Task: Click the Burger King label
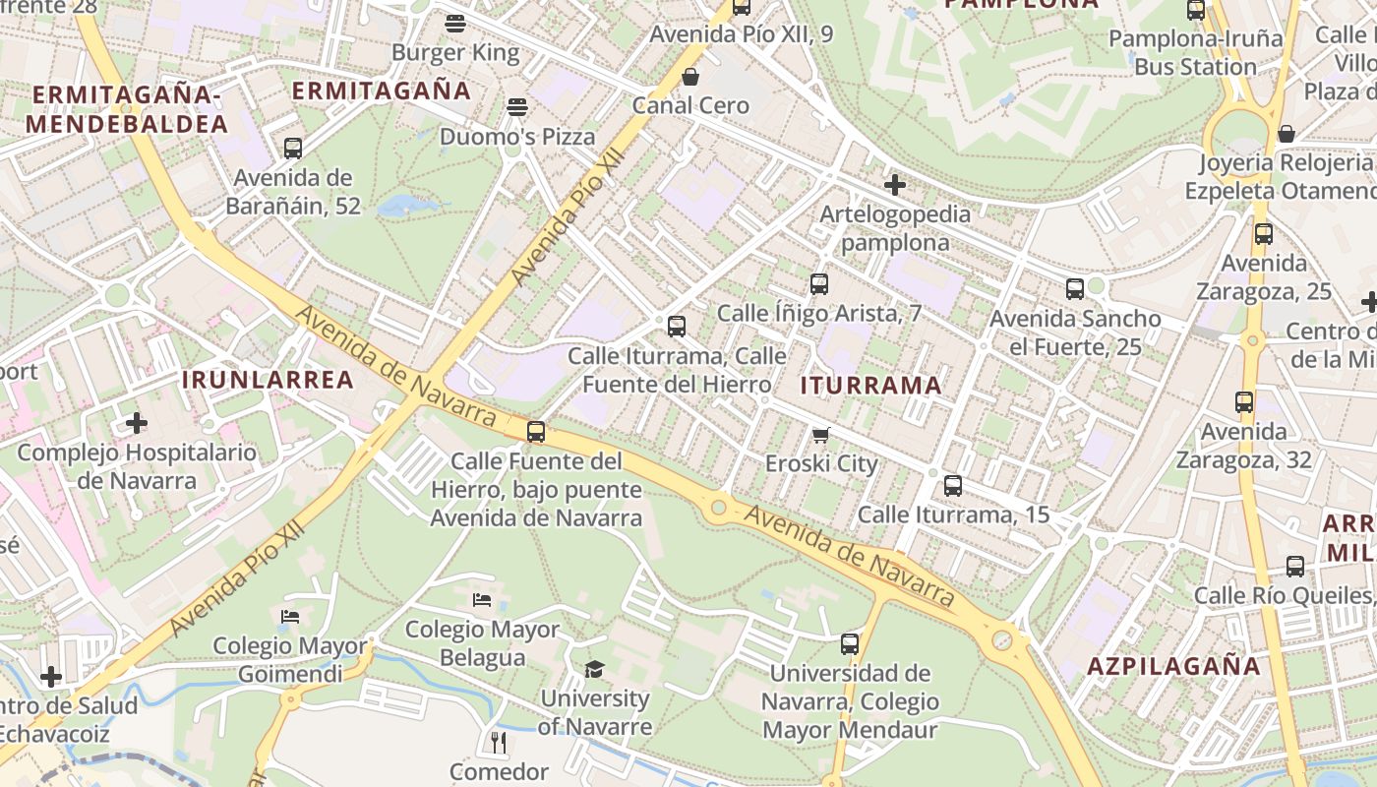tap(454, 52)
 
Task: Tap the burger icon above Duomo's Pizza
tap(517, 107)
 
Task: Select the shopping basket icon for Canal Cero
tap(690, 77)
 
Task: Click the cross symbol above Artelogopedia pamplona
tap(895, 184)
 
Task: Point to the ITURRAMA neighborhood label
tap(871, 385)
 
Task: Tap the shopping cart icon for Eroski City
tap(821, 435)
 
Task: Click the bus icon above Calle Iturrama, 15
tap(952, 485)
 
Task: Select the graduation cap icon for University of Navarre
tap(594, 670)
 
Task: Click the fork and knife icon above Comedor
tap(499, 742)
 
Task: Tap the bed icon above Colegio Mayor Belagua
tap(482, 599)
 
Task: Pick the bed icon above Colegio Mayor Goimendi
tap(290, 617)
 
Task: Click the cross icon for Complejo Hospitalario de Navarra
tap(137, 423)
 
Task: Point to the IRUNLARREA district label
tap(268, 380)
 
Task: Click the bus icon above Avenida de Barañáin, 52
tap(292, 149)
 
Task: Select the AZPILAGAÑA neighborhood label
tap(1173, 666)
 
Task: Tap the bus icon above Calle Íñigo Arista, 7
tap(818, 284)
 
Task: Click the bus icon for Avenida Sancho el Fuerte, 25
tap(1074, 289)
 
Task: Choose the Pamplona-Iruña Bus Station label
tap(1196, 52)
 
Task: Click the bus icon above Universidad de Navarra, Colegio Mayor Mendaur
tap(850, 644)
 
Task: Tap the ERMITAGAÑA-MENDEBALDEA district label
tap(127, 109)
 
